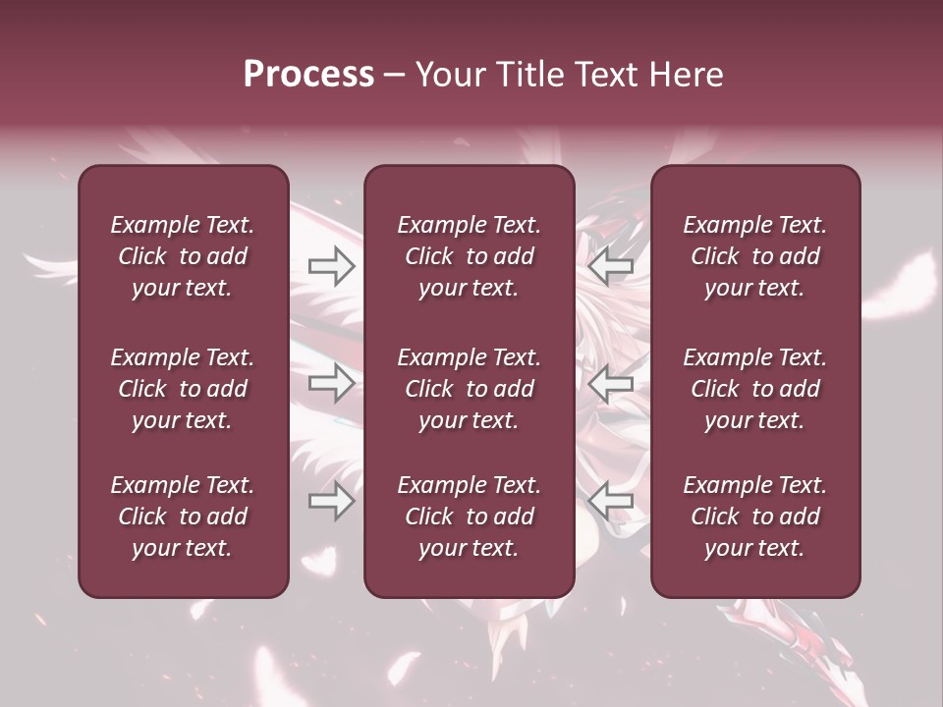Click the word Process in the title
308,75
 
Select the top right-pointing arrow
331,265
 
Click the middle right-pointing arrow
331,383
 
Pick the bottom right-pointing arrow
331,501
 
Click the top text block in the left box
183,256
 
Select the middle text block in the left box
183,389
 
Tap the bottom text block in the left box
183,517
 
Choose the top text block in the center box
470,256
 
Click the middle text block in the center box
470,389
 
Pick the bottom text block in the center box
470,517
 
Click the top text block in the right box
755,256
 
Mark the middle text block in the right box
755,389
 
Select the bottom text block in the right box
755,517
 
